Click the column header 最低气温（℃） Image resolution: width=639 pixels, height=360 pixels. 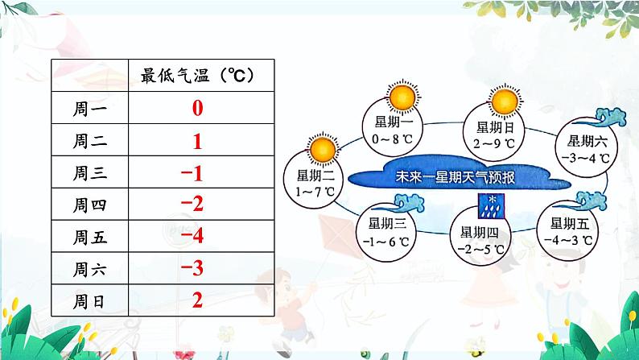(198, 76)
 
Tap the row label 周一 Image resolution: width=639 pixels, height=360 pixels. (90, 109)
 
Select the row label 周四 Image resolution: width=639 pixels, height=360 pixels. (90, 205)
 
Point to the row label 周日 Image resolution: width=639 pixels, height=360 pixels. (89, 301)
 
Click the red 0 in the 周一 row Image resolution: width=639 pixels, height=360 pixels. (198, 108)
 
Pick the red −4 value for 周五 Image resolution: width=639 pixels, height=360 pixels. (192, 236)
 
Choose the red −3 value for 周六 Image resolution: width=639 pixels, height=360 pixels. (192, 268)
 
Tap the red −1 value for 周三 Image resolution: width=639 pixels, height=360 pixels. (192, 173)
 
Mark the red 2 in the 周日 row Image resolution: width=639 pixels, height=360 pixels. (198, 300)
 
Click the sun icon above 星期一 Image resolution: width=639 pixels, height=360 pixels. (402, 97)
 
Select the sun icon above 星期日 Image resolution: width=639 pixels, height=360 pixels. (505, 102)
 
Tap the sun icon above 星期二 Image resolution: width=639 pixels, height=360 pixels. (323, 149)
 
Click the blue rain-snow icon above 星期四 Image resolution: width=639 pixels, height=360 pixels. (491, 206)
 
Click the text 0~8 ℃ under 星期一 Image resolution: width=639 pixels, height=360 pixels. (393, 139)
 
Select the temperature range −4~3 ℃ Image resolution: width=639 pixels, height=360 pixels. (568, 240)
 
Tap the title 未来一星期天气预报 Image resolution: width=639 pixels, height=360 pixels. (456, 177)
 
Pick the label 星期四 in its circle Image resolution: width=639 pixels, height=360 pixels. (480, 233)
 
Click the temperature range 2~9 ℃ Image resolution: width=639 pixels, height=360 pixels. (494, 143)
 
